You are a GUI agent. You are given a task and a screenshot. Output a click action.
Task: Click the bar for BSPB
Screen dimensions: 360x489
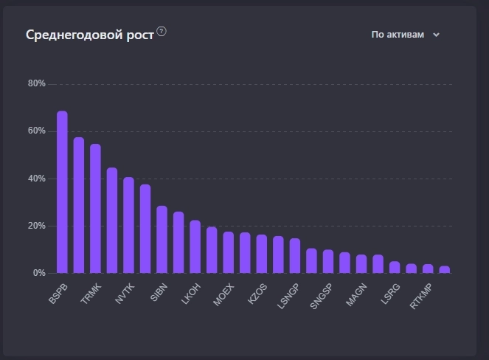pos(62,192)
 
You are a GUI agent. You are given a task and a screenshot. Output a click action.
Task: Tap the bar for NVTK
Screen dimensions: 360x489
pos(128,225)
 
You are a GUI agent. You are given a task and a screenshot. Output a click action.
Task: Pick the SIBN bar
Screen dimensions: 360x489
pos(162,239)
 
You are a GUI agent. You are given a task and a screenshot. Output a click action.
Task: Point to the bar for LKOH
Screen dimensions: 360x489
pos(195,246)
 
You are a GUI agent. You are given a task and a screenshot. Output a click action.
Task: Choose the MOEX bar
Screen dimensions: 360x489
pos(229,252)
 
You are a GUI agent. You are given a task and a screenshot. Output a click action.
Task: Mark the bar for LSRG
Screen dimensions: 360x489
pos(395,267)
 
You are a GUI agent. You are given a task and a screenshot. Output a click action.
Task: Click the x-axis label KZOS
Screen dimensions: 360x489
pos(257,293)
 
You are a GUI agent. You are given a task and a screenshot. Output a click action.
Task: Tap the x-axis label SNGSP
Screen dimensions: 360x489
pos(322,295)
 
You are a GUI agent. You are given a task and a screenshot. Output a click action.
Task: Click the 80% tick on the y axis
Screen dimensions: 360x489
pos(37,83)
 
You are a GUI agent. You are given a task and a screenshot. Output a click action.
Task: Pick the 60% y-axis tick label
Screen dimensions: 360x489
pos(37,131)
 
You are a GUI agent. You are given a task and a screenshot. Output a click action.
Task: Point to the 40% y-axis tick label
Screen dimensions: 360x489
pos(37,179)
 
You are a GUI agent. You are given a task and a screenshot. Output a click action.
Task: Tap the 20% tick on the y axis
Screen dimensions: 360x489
pos(37,226)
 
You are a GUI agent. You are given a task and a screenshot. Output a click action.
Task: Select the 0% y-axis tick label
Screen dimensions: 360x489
pos(39,273)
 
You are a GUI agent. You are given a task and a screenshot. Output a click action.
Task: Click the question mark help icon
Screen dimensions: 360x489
pos(162,32)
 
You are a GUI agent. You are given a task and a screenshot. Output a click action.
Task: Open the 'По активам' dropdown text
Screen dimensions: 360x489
pos(398,35)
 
